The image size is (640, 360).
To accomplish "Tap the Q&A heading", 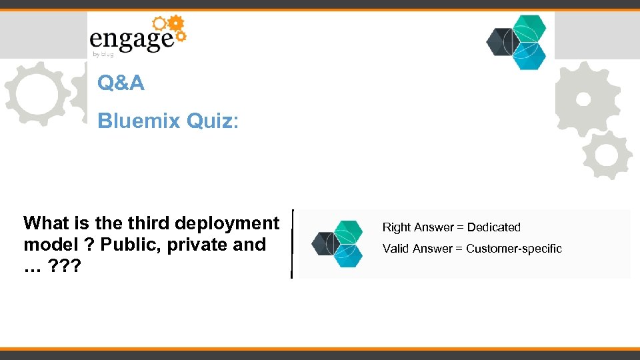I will tap(121, 83).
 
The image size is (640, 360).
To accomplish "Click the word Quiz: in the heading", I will tap(213, 121).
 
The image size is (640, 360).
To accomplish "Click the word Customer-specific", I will tap(514, 249).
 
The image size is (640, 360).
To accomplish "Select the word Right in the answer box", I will tap(397, 227).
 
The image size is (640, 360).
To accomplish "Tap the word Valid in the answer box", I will tap(396, 249).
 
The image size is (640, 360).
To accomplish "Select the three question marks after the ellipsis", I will tap(65, 266).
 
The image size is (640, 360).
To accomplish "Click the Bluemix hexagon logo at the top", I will tap(517, 42).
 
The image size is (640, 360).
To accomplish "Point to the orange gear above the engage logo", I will tap(176, 25).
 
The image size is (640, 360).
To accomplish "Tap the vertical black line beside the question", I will tap(292, 243).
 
